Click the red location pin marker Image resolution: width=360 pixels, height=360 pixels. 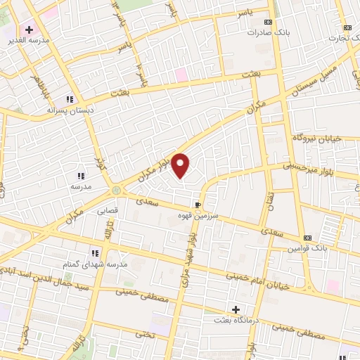(x=181, y=165)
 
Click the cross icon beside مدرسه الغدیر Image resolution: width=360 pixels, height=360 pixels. (x=29, y=30)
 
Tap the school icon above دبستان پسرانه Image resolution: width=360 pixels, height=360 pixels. (x=70, y=100)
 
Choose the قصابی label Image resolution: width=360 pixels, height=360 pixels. (x=107, y=210)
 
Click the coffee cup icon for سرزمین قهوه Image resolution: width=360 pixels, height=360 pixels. (x=198, y=204)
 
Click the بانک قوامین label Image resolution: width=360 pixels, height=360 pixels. (x=307, y=249)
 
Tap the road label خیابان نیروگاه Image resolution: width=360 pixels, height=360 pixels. (x=315, y=138)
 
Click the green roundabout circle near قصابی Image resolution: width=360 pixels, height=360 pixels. (x=115, y=190)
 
